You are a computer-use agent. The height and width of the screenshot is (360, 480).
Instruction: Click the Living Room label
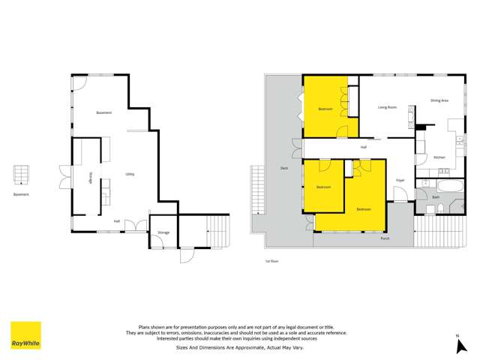pyautogui.click(x=387, y=107)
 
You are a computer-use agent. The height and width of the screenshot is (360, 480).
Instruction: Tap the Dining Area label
pyautogui.click(x=439, y=100)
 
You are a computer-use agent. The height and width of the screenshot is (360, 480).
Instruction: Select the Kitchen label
pyautogui.click(x=439, y=157)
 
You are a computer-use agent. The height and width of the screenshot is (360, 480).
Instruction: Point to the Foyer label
pyautogui.click(x=400, y=180)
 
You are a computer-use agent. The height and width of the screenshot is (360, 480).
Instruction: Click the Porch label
pyautogui.click(x=385, y=238)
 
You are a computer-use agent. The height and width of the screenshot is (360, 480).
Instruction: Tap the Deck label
pyautogui.click(x=284, y=168)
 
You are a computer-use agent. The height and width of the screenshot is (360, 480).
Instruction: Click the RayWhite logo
pyautogui.click(x=25, y=335)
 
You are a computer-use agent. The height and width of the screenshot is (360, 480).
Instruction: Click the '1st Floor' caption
pyautogui.click(x=271, y=261)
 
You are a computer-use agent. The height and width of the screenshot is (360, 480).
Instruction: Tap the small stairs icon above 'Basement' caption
pyautogui.click(x=21, y=175)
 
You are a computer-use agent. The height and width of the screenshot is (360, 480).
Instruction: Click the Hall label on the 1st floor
pyautogui.click(x=363, y=147)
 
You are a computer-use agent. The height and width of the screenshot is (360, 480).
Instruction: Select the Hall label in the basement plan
pyautogui.click(x=117, y=221)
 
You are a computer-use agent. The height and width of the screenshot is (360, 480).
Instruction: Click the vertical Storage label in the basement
pyautogui.click(x=91, y=178)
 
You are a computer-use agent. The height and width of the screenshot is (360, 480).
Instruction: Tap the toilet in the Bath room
pyautogui.click(x=442, y=207)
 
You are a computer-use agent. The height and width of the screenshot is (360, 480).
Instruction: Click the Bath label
pyautogui.click(x=436, y=196)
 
